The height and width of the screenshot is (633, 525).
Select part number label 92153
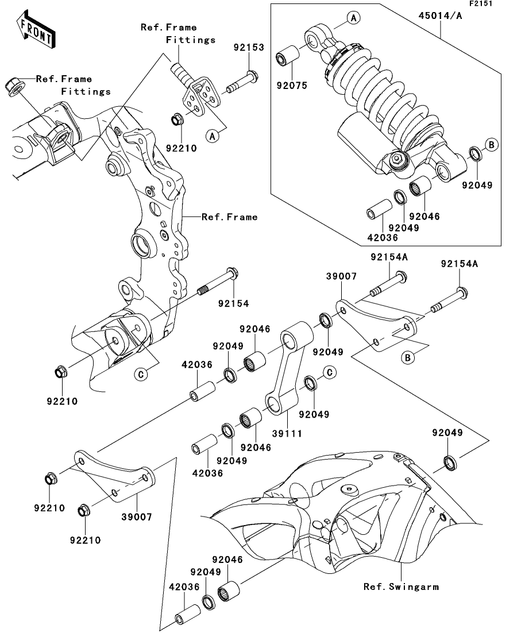[x=249, y=48]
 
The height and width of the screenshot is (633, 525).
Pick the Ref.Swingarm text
[x=401, y=587]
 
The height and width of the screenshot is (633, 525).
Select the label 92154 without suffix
[x=233, y=303]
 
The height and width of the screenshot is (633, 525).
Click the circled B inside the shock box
[x=491, y=145]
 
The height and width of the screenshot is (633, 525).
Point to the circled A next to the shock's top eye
[x=354, y=19]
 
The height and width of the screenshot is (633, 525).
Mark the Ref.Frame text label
[x=229, y=217]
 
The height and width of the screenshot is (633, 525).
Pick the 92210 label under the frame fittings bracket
[x=182, y=147]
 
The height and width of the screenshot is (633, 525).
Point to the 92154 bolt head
[x=232, y=273]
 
